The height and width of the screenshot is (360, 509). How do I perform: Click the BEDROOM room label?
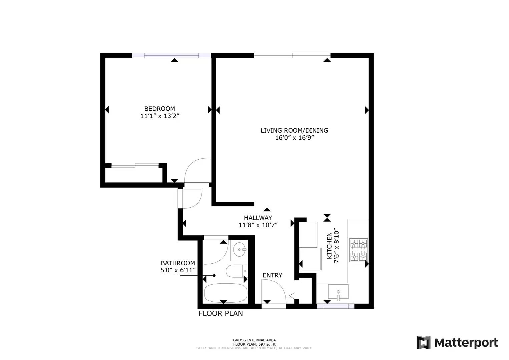coord(159,109)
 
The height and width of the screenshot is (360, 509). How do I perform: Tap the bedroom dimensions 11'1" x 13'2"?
coord(160,116)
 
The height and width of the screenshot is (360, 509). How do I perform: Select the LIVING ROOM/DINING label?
coord(294,130)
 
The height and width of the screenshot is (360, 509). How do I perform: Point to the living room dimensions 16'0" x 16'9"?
coord(294,138)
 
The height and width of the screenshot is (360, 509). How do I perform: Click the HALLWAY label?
coord(258,218)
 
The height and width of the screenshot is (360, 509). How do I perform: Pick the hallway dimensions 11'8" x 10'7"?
coord(258,225)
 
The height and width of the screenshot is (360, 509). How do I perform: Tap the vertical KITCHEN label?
coord(329,246)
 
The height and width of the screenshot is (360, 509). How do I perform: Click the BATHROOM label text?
coord(178,263)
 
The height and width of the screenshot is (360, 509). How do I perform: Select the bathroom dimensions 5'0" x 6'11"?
coord(178,270)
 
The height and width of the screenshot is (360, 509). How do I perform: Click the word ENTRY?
coord(272,275)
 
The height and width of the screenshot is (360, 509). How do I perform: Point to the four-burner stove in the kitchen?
coord(358,250)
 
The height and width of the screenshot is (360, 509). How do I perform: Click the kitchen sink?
coord(338,291)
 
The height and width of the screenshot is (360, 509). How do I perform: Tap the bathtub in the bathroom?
coord(225,293)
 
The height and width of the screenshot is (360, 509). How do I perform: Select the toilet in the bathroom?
coord(236,271)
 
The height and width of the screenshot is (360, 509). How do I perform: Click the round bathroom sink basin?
coord(240,249)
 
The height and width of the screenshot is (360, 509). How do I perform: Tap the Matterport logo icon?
coord(424,342)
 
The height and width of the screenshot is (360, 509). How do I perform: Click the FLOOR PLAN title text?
coord(220,313)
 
